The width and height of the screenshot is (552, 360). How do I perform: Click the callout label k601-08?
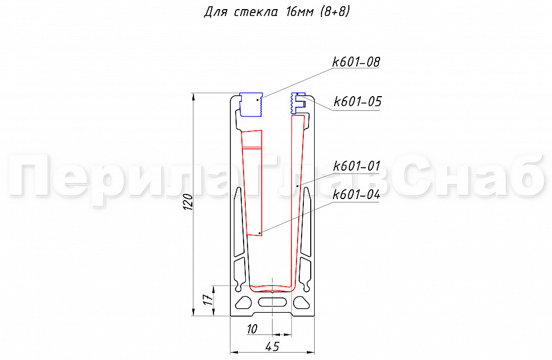pyautogui.click(x=356, y=62)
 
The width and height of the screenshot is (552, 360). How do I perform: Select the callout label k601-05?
pyautogui.click(x=357, y=102)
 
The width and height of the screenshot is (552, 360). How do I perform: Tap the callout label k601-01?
pyautogui.click(x=357, y=165)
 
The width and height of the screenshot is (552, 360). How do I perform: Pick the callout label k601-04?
pyautogui.click(x=357, y=195)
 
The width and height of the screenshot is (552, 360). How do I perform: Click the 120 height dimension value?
pyautogui.click(x=188, y=202)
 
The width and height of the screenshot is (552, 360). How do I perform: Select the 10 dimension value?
pyautogui.click(x=252, y=329)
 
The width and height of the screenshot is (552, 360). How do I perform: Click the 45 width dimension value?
pyautogui.click(x=272, y=346)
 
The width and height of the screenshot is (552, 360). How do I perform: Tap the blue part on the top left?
pyautogui.click(x=251, y=105)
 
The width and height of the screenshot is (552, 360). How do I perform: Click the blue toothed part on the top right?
pyautogui.click(x=297, y=103)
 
